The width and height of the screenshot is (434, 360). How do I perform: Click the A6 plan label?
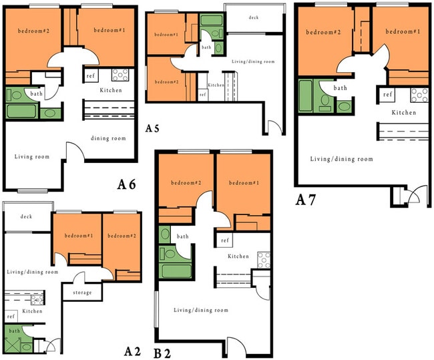coord(127,185)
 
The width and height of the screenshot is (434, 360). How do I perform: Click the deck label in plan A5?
coord(253,18)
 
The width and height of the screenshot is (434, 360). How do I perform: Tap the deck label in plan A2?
coord(26,216)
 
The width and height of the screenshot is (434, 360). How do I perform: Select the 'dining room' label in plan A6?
coord(108,138)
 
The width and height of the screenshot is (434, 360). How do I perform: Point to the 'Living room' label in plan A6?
coord(32,157)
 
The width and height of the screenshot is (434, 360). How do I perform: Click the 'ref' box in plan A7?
coord(388,94)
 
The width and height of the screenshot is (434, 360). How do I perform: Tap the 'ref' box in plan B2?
coord(225,240)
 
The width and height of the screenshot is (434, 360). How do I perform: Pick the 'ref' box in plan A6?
coord(90,75)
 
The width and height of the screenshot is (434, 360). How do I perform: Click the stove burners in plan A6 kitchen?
coord(120,75)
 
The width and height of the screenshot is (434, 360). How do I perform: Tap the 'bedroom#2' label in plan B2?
coord(186,182)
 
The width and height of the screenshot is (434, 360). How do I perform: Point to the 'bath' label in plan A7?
coord(341,87)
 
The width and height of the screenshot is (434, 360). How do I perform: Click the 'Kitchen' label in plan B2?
coord(238,256)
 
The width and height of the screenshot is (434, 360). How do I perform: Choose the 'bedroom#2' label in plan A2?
coord(122,236)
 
